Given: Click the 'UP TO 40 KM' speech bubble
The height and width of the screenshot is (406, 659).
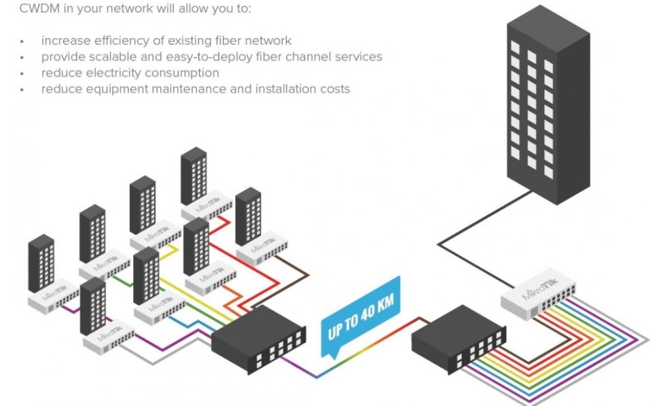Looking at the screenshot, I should [360, 320].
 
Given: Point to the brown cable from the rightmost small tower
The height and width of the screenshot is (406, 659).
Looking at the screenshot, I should [292, 265].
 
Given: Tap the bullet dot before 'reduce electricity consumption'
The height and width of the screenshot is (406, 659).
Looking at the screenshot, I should [22, 73].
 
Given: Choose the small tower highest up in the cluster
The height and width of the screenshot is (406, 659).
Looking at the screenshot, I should [194, 174].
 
